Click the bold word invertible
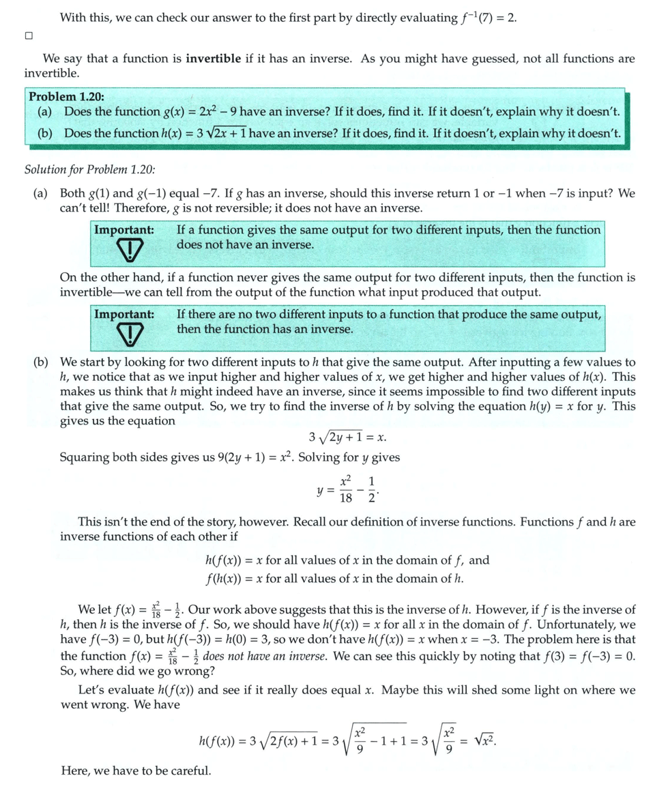(x=213, y=59)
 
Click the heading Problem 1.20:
(x=66, y=97)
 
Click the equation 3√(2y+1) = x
(x=348, y=438)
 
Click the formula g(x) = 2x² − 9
(x=205, y=111)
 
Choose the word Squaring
(x=83, y=457)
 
